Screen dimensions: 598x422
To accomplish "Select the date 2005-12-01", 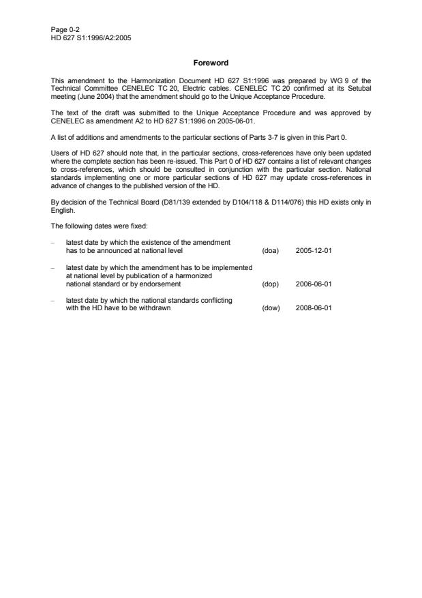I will [314, 250].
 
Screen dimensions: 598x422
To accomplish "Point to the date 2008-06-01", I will [314, 308].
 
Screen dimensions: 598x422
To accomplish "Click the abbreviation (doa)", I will [271, 250].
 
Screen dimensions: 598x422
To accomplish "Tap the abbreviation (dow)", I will [271, 308].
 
